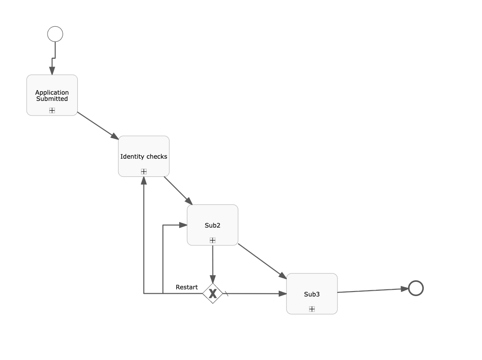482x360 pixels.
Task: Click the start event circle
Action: click(x=55, y=34)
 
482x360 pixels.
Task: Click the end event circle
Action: click(x=416, y=288)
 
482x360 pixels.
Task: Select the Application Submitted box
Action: click(x=52, y=95)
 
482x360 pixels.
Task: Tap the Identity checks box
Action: click(x=144, y=156)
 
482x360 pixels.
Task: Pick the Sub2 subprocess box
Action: click(x=213, y=225)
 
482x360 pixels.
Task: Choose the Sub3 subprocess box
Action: click(x=312, y=294)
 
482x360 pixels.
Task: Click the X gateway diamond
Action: click(x=213, y=293)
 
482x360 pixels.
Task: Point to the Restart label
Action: click(x=187, y=287)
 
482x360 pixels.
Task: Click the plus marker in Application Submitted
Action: click(x=52, y=110)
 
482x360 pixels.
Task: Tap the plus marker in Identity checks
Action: click(x=144, y=171)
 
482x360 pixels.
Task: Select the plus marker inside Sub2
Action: click(x=213, y=240)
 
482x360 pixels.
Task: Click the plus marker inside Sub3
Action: click(x=312, y=309)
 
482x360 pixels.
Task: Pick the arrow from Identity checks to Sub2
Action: click(x=178, y=190)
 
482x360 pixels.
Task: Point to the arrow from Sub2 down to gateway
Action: click(x=213, y=264)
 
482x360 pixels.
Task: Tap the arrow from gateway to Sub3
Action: click(x=256, y=293)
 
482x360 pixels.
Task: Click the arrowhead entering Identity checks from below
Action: click(x=144, y=180)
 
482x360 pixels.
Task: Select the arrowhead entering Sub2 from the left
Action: click(x=183, y=225)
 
